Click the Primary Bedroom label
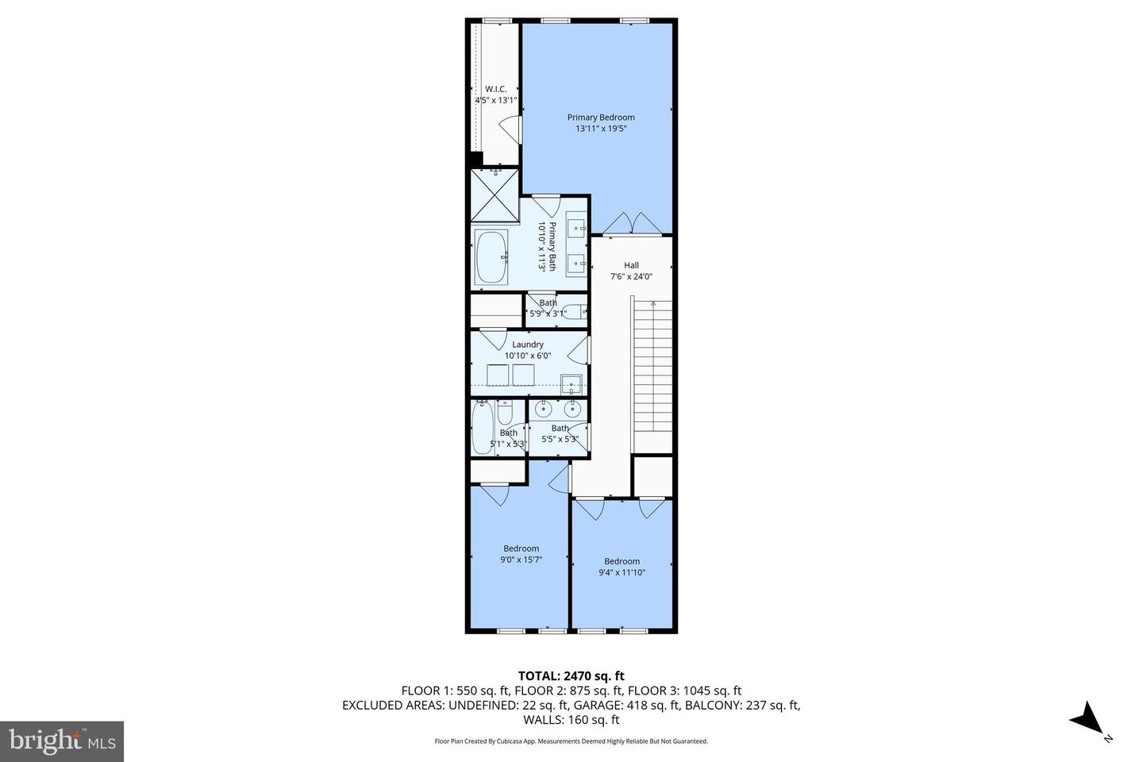[x=601, y=117]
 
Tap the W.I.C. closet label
[x=495, y=90]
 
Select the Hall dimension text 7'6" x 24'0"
[x=631, y=277]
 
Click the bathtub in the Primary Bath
[x=491, y=257]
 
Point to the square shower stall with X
[x=495, y=196]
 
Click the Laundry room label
[x=528, y=344]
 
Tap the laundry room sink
[x=571, y=384]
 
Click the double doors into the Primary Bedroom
[x=632, y=223]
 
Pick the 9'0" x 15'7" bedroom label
[x=521, y=560]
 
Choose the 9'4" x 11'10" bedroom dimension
[x=622, y=572]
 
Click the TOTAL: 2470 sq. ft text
[x=571, y=675]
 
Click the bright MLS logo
[x=62, y=741]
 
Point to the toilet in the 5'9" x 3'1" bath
[x=575, y=311]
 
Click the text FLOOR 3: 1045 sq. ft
[x=684, y=691]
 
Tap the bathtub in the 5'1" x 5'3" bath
[x=483, y=427]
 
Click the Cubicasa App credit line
[x=571, y=741]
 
